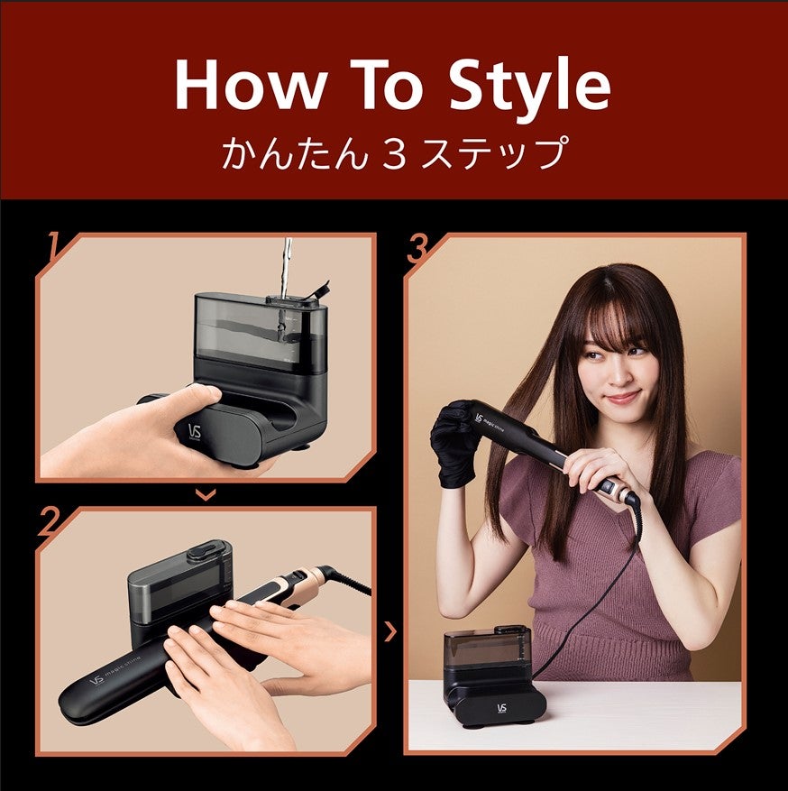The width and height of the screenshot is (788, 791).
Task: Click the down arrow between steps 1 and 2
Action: coord(206,494)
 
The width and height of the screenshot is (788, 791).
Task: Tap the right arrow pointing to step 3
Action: coord(389,631)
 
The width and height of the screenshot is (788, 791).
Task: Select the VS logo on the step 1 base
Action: coord(196,430)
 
